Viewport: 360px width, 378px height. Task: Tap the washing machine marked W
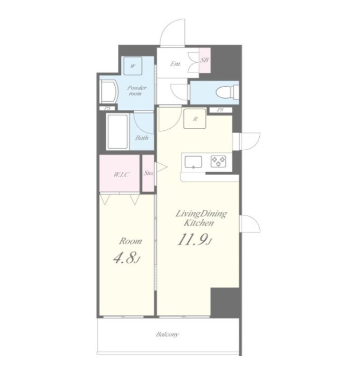coord(133,66)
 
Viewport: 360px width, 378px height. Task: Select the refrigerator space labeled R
coord(195,118)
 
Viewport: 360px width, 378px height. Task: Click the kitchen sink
coord(193,162)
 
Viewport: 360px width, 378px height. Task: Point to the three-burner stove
coord(218,162)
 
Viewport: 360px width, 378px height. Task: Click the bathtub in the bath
coord(117,131)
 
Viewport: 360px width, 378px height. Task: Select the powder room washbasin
coord(108,92)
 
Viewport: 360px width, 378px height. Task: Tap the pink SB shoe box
coord(205,60)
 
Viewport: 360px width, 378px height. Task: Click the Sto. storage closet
coord(148,173)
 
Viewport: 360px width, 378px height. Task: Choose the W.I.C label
coord(121,174)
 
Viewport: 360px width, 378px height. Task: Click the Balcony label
coord(167,334)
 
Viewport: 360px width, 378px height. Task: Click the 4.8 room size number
coord(127,258)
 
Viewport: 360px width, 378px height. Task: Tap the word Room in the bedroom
coord(130,241)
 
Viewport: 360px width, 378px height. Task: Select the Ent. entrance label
coord(175,64)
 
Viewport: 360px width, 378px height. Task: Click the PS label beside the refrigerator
coord(220,110)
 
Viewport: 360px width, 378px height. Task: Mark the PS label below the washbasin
coord(107,108)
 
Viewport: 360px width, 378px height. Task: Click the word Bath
coord(142,138)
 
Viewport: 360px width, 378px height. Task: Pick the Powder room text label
coord(136,90)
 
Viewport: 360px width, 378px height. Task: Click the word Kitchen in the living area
coord(198,223)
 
